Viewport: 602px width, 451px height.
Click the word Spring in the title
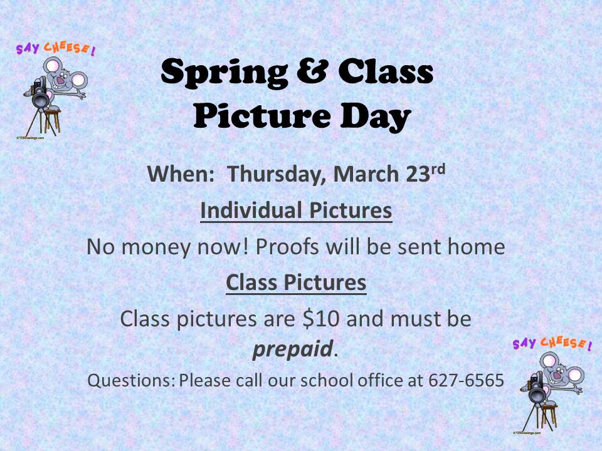(224, 73)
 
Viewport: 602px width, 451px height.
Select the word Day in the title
(376, 117)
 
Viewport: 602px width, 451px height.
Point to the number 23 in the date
(418, 174)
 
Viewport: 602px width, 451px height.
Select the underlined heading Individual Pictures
(296, 210)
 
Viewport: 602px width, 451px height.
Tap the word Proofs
(287, 247)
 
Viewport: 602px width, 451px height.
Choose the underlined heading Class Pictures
(296, 283)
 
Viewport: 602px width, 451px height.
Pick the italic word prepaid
(292, 350)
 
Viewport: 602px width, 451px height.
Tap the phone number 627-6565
(466, 380)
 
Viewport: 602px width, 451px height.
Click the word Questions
(131, 380)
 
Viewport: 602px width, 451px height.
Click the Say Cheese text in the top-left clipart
(56, 49)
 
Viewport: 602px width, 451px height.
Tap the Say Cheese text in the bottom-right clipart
(552, 343)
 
